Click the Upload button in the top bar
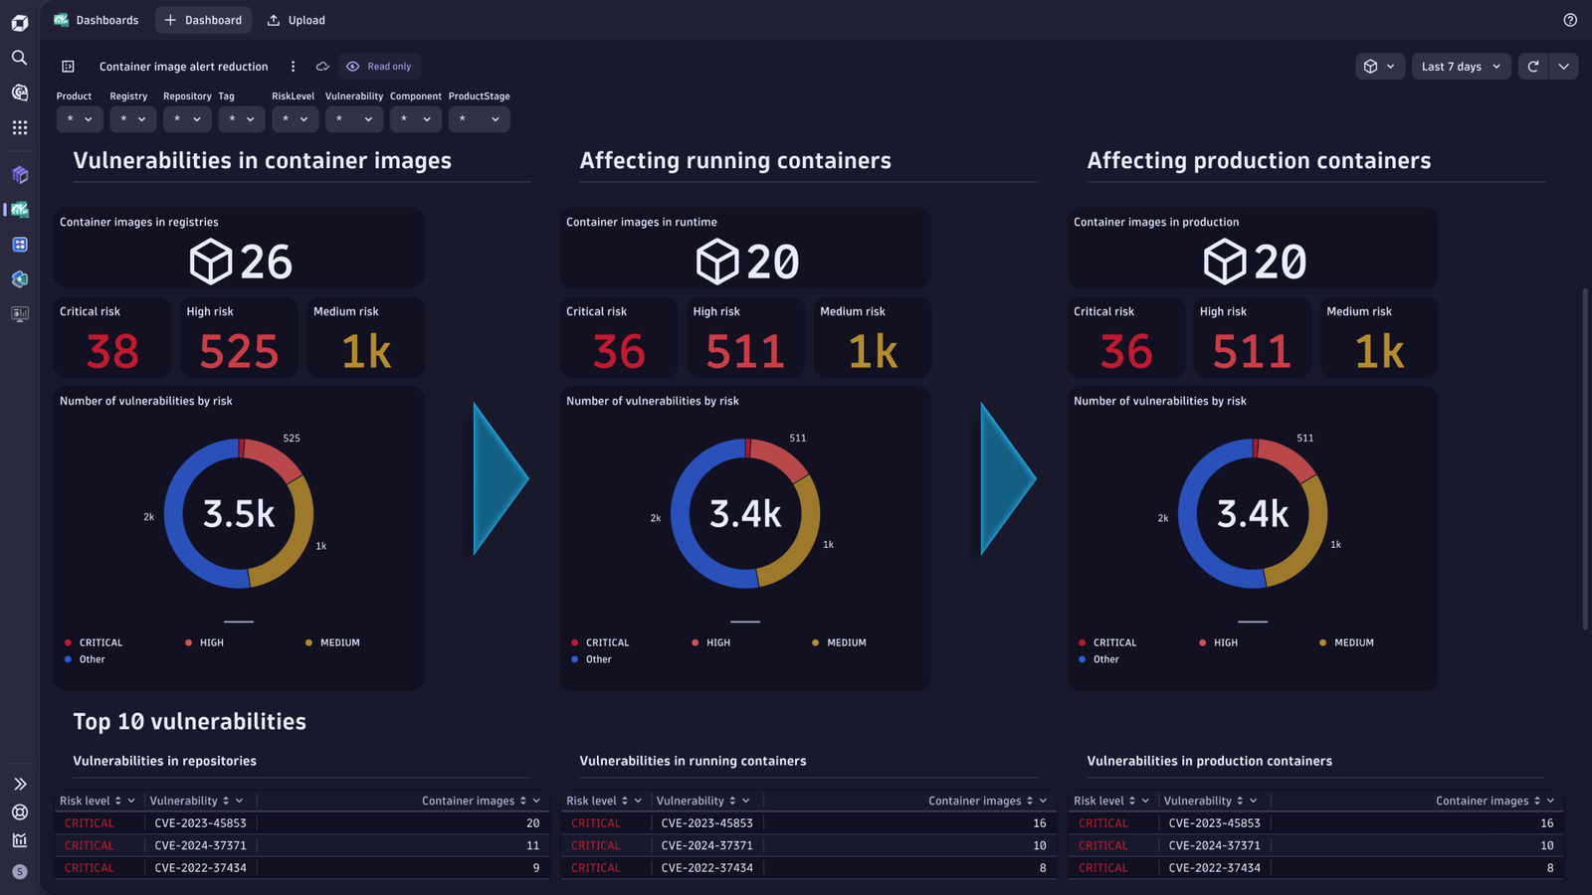pyautogui.click(x=297, y=20)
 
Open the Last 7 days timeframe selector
pyautogui.click(x=1461, y=66)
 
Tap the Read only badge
pyautogui.click(x=379, y=66)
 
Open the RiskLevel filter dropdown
pyautogui.click(x=295, y=119)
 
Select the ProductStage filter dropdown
pyautogui.click(x=479, y=119)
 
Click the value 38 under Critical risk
pyautogui.click(x=112, y=351)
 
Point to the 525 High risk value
pyautogui.click(x=239, y=351)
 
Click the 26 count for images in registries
pyautogui.click(x=266, y=262)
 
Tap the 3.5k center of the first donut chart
pyautogui.click(x=239, y=513)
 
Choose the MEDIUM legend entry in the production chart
pyautogui.click(x=1346, y=642)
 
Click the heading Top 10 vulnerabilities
pyautogui.click(x=190, y=722)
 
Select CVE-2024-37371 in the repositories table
pyautogui.click(x=200, y=845)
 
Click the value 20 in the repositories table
pyautogui.click(x=533, y=822)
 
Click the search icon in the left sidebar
pyautogui.click(x=20, y=58)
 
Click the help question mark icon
pyautogui.click(x=1570, y=20)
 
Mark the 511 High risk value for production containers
pyautogui.click(x=1253, y=351)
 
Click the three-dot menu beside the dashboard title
pyautogui.click(x=293, y=66)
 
